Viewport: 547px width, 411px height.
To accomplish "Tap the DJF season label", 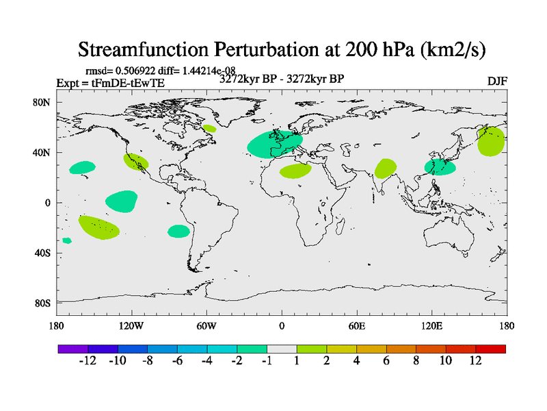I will click(x=496, y=82).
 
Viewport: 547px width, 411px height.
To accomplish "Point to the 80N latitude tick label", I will click(x=42, y=102).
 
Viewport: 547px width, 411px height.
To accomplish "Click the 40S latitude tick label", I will click(x=43, y=253).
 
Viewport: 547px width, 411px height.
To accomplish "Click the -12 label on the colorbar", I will click(x=88, y=361).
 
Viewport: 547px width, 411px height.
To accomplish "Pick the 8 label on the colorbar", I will click(x=416, y=361).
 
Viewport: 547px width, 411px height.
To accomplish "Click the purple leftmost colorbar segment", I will click(x=73, y=349).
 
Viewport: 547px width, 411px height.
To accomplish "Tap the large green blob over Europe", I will click(x=273, y=144).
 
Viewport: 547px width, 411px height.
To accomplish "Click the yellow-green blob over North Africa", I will click(x=295, y=171).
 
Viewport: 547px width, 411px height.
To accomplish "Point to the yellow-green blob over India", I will click(x=386, y=168).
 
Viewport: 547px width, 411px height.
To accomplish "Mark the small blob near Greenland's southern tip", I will click(x=209, y=128).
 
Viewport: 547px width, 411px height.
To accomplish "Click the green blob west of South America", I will click(x=178, y=232).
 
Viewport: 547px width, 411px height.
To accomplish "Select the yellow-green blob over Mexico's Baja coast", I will click(x=135, y=162).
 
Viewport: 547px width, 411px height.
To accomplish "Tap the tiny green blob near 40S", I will click(x=67, y=240).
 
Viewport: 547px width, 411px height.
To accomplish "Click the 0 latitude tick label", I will click(x=48, y=203).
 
